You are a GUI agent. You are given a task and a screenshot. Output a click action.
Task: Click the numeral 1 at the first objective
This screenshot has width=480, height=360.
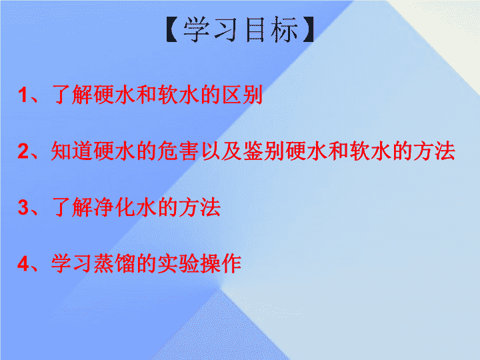23,95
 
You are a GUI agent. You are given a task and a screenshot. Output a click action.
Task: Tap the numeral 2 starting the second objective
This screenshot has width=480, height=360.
23,151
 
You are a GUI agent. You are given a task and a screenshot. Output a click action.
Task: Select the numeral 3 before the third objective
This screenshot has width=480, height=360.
23,207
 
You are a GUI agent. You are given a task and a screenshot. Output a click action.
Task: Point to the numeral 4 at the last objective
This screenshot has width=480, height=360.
23,263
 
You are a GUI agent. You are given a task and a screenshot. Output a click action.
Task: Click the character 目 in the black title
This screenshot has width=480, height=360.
255,29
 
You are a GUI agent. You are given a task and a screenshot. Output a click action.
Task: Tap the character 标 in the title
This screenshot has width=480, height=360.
284,29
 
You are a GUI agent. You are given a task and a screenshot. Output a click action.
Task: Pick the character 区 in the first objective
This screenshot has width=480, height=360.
231,95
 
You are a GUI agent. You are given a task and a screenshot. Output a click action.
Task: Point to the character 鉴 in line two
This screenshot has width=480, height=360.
253,151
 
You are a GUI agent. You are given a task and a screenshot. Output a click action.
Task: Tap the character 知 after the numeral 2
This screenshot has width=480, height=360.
61,151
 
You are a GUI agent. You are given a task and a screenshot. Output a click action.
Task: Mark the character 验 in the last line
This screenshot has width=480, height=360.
189,263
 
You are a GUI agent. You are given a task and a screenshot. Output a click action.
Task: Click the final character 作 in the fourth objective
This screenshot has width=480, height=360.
231,263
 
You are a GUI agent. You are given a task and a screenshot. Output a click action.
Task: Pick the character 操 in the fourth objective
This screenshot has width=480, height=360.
210,263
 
